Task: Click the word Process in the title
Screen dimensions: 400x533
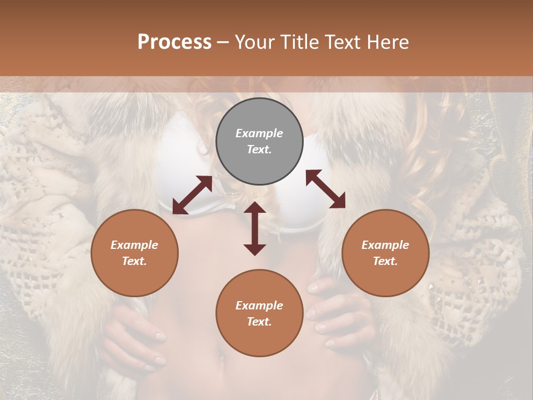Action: click(x=174, y=42)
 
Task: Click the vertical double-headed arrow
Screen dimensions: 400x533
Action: click(x=255, y=228)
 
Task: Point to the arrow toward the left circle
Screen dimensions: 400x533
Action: click(x=192, y=195)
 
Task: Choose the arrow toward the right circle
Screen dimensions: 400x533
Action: click(x=325, y=189)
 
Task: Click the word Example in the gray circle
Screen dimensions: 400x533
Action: click(x=259, y=133)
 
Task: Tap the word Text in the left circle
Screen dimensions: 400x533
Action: click(x=134, y=261)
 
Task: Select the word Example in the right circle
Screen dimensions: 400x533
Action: click(x=385, y=245)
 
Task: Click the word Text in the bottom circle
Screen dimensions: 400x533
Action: click(x=259, y=322)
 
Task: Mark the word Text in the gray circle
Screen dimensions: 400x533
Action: click(x=259, y=149)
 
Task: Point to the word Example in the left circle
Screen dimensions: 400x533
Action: click(x=134, y=245)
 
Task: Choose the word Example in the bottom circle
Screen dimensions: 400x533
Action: click(x=259, y=306)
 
